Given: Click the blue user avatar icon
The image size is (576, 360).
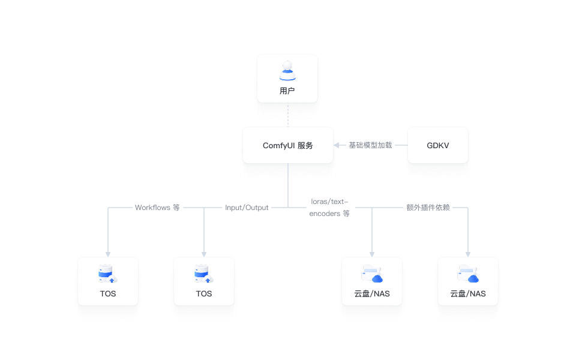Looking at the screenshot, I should (x=287, y=71).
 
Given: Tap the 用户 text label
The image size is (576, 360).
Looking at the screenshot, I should (x=287, y=91).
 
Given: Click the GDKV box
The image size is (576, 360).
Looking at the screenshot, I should (x=437, y=145).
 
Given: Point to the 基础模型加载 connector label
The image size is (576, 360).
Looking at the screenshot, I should (x=370, y=145).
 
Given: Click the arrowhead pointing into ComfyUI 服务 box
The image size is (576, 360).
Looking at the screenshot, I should (x=337, y=145).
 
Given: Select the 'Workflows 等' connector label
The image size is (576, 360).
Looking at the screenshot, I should (x=157, y=208).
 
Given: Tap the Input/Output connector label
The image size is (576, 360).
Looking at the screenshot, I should (x=247, y=208).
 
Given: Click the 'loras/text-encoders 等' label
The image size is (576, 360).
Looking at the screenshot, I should (x=329, y=208).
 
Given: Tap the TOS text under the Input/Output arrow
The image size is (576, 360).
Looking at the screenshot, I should (x=204, y=294).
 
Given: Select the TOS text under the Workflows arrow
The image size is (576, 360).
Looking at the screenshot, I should (x=108, y=294).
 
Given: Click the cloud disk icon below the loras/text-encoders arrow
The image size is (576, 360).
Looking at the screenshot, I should (x=371, y=275).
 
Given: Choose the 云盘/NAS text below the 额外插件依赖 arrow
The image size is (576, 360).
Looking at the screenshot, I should (x=468, y=294).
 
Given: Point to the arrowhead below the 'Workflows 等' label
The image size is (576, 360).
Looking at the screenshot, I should (x=108, y=254).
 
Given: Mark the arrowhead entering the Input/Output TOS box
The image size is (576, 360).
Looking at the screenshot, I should (x=204, y=254).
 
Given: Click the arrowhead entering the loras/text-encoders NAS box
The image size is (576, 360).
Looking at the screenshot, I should (x=372, y=254).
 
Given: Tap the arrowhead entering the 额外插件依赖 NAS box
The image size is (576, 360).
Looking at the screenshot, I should (x=468, y=254).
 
